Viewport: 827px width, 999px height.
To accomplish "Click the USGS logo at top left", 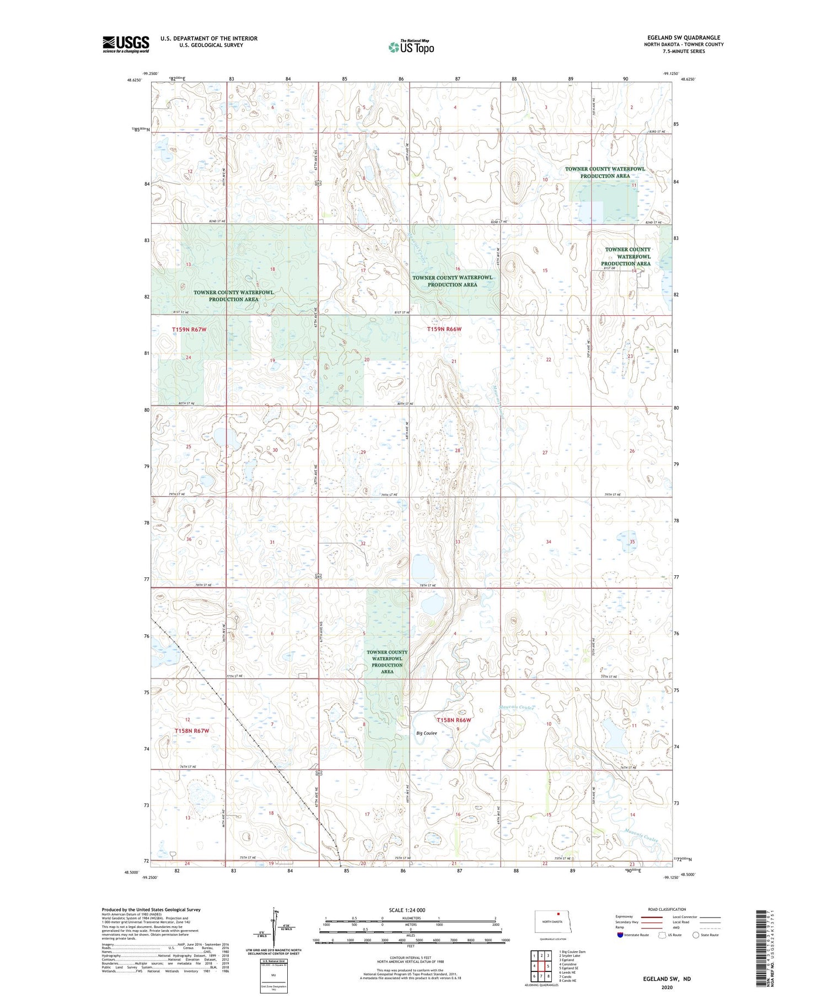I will point(126,44).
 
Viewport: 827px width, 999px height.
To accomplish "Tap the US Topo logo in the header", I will point(411,47).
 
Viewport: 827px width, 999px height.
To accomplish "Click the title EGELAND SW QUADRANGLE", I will point(683,37).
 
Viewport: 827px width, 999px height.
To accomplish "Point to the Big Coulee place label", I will point(427,733).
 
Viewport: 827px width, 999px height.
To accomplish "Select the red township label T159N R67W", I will point(189,330).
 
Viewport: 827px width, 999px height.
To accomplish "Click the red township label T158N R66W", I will point(454,720).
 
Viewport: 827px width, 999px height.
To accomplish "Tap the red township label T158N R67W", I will point(192,731).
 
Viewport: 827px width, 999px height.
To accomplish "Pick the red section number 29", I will point(363,452).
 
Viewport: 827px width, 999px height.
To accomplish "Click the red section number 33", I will point(457,542).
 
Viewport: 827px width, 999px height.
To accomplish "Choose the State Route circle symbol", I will point(696,935).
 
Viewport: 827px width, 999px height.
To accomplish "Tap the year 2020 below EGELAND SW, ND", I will point(667,987).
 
